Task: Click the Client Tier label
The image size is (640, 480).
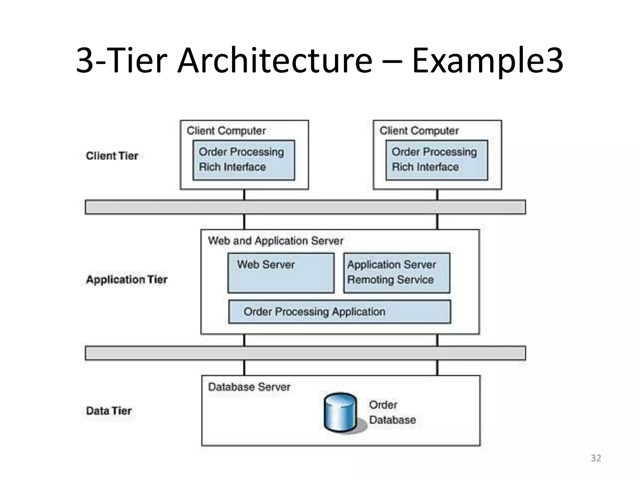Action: click(112, 156)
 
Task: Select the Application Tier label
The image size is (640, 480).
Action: click(127, 279)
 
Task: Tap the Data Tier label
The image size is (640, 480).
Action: click(109, 411)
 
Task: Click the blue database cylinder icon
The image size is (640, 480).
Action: click(340, 412)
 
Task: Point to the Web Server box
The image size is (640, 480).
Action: click(281, 273)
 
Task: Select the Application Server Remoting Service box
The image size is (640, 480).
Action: click(397, 273)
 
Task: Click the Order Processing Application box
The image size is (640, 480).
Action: click(339, 312)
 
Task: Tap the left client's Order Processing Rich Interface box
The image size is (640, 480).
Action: click(243, 160)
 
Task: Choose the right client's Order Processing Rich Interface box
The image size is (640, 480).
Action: click(437, 160)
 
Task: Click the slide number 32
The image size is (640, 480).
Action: click(596, 458)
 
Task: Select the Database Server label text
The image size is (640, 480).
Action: click(249, 387)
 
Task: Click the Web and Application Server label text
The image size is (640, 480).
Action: click(276, 241)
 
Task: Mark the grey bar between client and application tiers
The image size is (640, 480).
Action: click(305, 207)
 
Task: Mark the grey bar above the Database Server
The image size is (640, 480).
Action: click(305, 353)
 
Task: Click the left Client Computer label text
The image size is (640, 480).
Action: click(226, 131)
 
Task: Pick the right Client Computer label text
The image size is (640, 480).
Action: click(419, 131)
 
